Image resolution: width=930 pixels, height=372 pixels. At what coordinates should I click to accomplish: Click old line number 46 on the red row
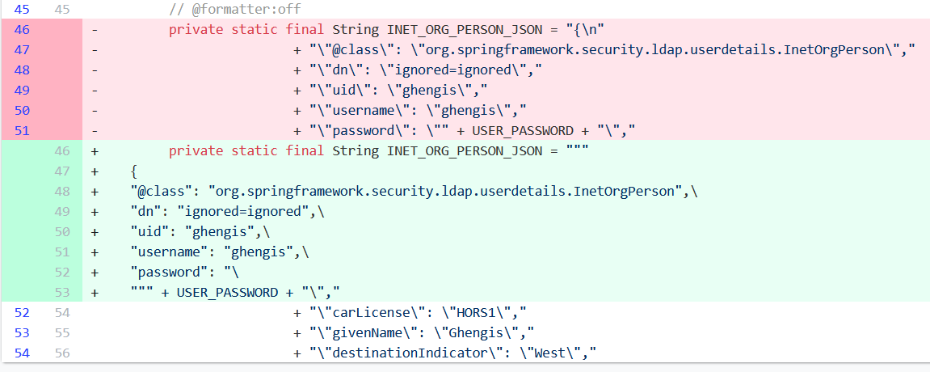tap(22, 30)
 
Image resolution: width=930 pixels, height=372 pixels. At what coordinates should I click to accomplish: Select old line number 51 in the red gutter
tap(22, 130)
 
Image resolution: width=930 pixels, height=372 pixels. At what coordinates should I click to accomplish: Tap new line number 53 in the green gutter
tap(62, 292)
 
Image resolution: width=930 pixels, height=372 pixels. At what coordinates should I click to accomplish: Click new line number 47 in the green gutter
tap(62, 171)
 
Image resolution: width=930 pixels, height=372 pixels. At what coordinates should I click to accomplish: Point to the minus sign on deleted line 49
tap(96, 90)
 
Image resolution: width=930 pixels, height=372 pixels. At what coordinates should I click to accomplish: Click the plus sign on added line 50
tap(96, 231)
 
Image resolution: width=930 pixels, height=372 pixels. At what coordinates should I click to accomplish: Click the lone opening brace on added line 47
tap(134, 171)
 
